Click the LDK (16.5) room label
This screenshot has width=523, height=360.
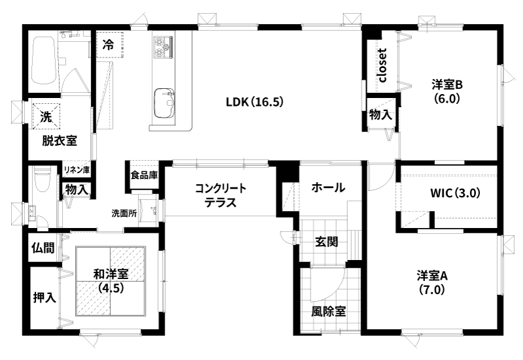tap(255, 102)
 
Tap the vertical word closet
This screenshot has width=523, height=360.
tap(382, 65)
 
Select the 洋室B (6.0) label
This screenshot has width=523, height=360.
tap(447, 91)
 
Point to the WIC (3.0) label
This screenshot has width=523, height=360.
tap(455, 193)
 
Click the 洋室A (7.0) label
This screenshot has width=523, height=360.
tap(432, 283)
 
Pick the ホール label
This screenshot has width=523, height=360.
tap(328, 188)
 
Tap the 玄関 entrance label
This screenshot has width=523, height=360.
tap(327, 242)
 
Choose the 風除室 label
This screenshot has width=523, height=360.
tap(329, 312)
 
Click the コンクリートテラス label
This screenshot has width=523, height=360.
tap(220, 195)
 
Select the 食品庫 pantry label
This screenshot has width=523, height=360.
tap(144, 175)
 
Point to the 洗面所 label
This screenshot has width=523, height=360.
tap(124, 214)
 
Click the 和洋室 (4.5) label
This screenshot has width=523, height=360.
tap(111, 281)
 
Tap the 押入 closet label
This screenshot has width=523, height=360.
tap(44, 297)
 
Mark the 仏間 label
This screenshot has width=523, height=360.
tap(43, 248)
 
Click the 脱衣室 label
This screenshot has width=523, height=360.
tap(59, 140)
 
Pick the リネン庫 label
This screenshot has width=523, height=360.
tap(77, 170)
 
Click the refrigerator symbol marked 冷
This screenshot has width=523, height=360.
tap(110, 44)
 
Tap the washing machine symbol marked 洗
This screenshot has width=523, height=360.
tap(46, 116)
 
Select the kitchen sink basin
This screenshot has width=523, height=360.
tap(164, 103)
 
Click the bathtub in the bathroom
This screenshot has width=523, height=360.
tap(42, 60)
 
